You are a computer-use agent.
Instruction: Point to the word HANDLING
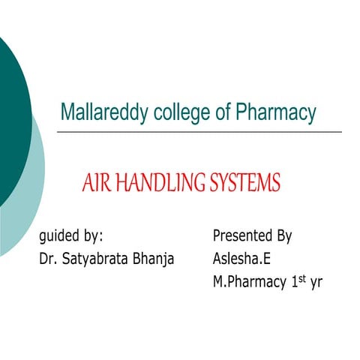point(155,182)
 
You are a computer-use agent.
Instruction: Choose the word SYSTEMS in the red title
point(240,182)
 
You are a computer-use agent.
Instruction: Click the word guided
point(60,236)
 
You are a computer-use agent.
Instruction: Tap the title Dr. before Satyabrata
point(48,259)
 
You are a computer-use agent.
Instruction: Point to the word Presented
point(244,236)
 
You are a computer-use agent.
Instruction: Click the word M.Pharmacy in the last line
point(249,283)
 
